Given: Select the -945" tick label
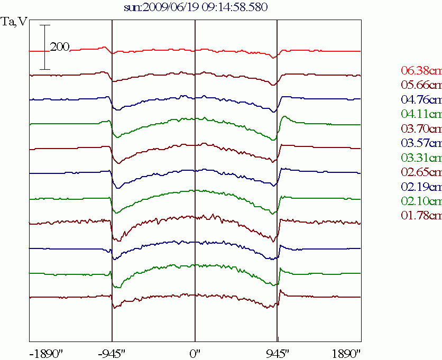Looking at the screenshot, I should pyautogui.click(x=112, y=353).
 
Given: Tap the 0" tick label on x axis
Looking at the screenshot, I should pyautogui.click(x=195, y=353).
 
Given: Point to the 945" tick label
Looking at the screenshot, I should pyautogui.click(x=277, y=353).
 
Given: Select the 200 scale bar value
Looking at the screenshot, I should pyautogui.click(x=60, y=48).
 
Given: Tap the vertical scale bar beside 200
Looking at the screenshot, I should pyautogui.click(x=45, y=48).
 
